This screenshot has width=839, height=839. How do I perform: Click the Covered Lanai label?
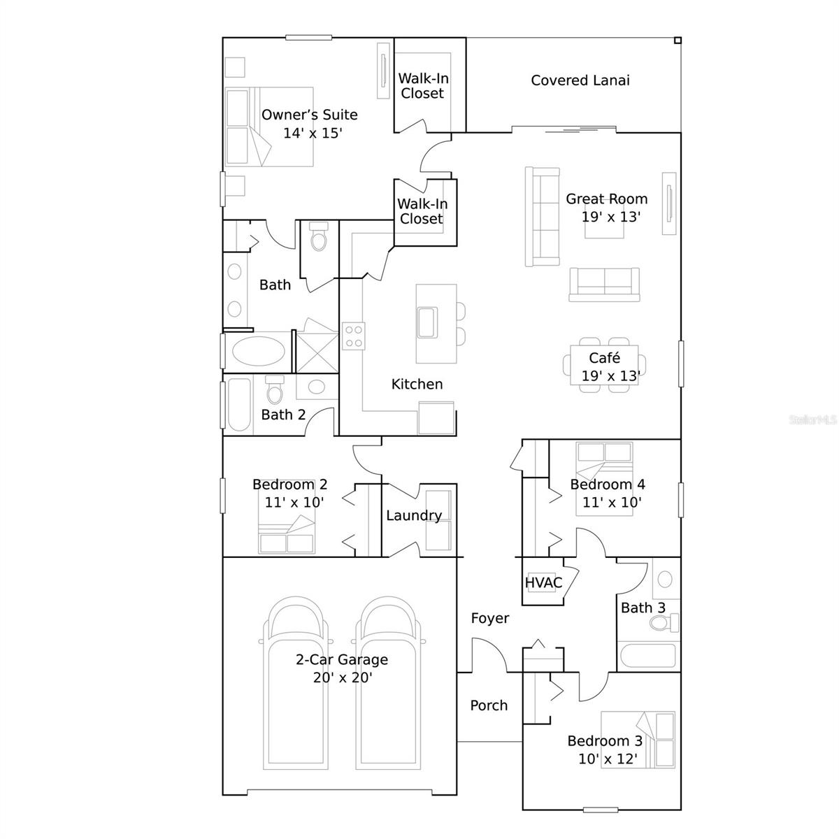click(580, 80)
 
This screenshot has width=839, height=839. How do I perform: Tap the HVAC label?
click(543, 582)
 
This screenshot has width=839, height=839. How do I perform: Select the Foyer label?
click(489, 618)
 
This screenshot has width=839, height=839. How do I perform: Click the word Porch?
click(489, 705)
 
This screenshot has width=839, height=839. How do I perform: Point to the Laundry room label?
click(414, 515)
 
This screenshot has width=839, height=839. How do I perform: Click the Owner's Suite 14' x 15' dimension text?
click(313, 133)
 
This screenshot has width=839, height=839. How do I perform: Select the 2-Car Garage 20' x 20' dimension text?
click(343, 677)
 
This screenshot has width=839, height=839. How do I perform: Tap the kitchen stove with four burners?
click(352, 336)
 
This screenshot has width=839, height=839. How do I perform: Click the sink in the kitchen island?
click(426, 322)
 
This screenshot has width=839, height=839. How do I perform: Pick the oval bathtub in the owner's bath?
click(258, 352)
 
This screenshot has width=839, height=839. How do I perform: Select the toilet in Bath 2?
click(275, 390)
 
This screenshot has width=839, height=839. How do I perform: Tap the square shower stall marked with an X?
click(317, 352)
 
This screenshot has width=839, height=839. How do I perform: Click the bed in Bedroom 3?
click(638, 740)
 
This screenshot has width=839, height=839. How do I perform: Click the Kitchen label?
click(417, 384)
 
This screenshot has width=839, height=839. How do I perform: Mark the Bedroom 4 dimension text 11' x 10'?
click(612, 502)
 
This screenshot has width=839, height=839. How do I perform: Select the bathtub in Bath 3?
click(647, 657)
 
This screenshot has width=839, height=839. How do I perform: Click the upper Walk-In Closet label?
click(423, 86)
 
